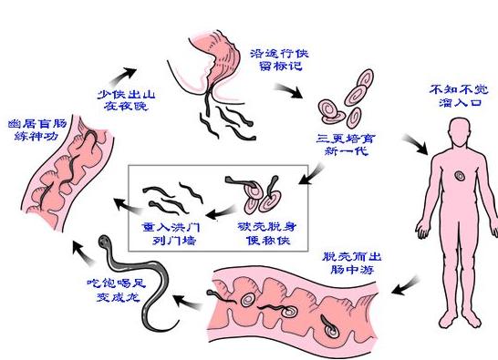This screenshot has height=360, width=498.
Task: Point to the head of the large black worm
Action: click(107, 242)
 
